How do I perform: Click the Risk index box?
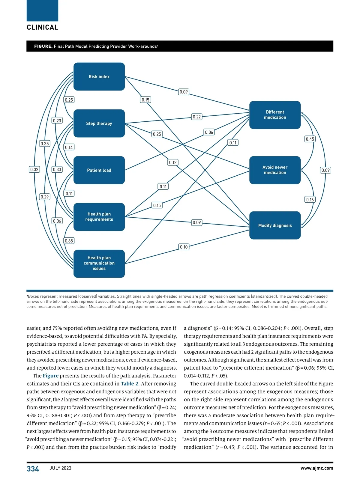point(99,77)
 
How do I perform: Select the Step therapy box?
point(99,123)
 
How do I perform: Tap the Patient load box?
point(99,170)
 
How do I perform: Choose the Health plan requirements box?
point(99,217)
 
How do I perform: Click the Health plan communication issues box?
point(99,263)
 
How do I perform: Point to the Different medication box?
point(275,115)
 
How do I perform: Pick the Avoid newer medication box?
point(275,170)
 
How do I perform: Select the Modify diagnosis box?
point(275,225)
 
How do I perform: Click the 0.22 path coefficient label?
point(197,117)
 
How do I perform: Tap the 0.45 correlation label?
point(310,139)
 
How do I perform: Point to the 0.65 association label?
point(69,241)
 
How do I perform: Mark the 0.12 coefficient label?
point(173,162)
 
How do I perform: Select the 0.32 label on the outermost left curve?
point(34,170)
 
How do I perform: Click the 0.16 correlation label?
point(310,200)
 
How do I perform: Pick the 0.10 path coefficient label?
point(184,247)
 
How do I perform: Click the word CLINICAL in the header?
point(43,27)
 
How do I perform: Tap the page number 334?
point(33,469)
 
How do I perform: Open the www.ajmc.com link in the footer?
point(317,468)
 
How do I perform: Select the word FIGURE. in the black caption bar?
point(43,46)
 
